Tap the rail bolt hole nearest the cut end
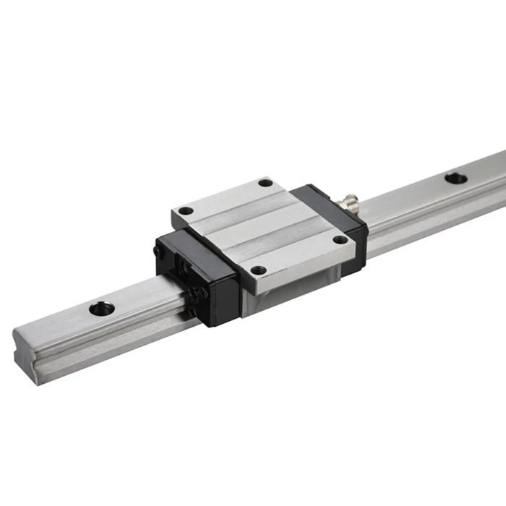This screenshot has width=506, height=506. coord(102,309)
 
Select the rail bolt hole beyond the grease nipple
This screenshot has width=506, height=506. coord(455,178)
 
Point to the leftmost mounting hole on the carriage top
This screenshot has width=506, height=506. coord(186,210)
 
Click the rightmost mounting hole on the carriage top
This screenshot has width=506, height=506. coord(339,240)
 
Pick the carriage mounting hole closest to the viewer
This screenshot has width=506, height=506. coord(258,270)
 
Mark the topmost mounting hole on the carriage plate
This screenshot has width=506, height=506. coord(265,183)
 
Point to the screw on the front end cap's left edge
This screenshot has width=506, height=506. coord(157,252)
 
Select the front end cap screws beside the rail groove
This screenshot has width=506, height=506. coord(203,293)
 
